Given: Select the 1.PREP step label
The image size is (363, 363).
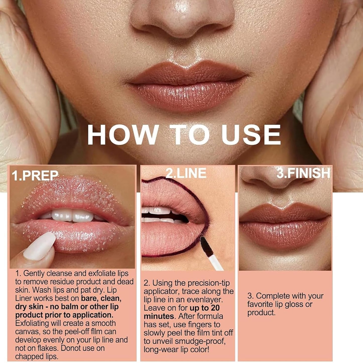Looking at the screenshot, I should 35,176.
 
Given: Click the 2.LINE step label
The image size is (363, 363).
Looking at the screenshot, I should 186,173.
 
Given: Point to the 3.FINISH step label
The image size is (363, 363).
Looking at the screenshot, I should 303,173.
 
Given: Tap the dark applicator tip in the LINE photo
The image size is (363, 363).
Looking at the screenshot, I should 205,244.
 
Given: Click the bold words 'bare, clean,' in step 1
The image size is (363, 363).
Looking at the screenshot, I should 101,298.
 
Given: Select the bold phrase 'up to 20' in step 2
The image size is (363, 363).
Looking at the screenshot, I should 204,308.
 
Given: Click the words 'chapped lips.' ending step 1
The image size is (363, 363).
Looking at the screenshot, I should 37,356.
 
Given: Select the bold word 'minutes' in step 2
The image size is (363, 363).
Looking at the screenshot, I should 159,316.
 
